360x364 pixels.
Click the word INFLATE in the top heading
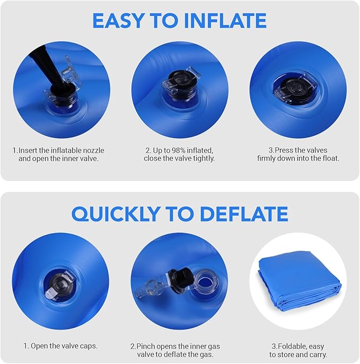[x=225, y=21]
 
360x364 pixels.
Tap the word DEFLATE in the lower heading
[x=244, y=214]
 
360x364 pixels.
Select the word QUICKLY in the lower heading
[x=116, y=214]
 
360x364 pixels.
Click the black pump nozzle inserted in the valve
[x=50, y=72]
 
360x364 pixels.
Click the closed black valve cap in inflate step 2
[x=180, y=82]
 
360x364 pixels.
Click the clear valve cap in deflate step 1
[x=62, y=285]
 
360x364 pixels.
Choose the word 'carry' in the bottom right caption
[x=319, y=354]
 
